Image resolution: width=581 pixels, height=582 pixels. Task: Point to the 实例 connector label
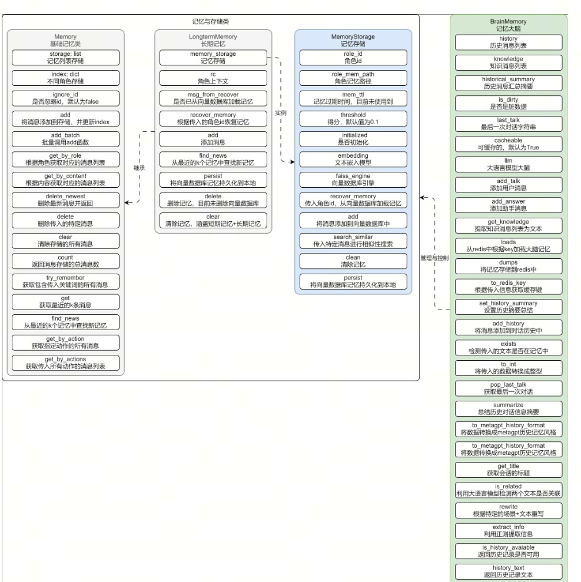coord(280,112)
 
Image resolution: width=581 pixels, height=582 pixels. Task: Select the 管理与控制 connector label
coord(434,258)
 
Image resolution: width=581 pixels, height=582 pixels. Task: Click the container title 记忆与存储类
coord(211,21)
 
